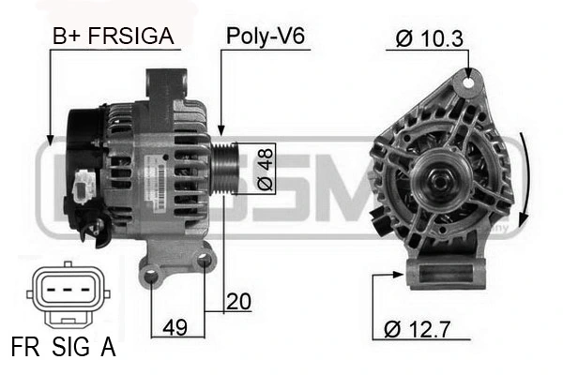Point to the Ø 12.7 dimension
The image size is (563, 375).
point(419,329)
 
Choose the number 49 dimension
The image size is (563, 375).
point(175,327)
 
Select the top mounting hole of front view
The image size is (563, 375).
point(464,85)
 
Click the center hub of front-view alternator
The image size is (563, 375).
point(437,176)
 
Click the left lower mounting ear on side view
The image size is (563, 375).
point(152,273)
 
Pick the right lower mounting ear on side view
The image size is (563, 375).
point(205,263)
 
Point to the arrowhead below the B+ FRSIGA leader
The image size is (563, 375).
point(48,140)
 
